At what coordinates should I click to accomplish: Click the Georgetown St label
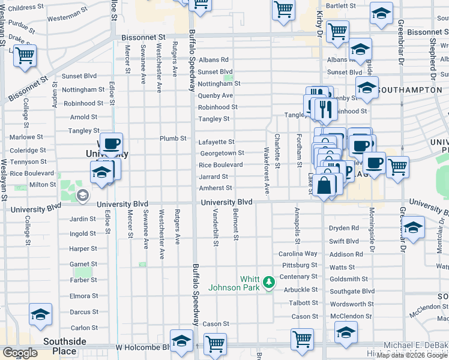pyautogui.click(x=221, y=153)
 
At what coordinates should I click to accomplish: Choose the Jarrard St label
pyautogui.click(x=214, y=176)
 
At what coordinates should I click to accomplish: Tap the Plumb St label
pyautogui.click(x=173, y=138)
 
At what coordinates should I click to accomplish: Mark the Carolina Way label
pyautogui.click(x=298, y=253)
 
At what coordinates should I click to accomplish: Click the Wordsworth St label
pyautogui.click(x=352, y=304)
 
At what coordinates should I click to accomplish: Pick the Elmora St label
pyautogui.click(x=83, y=296)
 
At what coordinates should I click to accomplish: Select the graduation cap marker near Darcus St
pyautogui.click(x=40, y=314)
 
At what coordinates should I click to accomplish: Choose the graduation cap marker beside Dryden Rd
pyautogui.click(x=414, y=227)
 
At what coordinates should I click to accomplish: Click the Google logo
pyautogui.click(x=20, y=353)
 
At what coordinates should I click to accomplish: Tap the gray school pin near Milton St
pyautogui.click(x=82, y=195)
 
